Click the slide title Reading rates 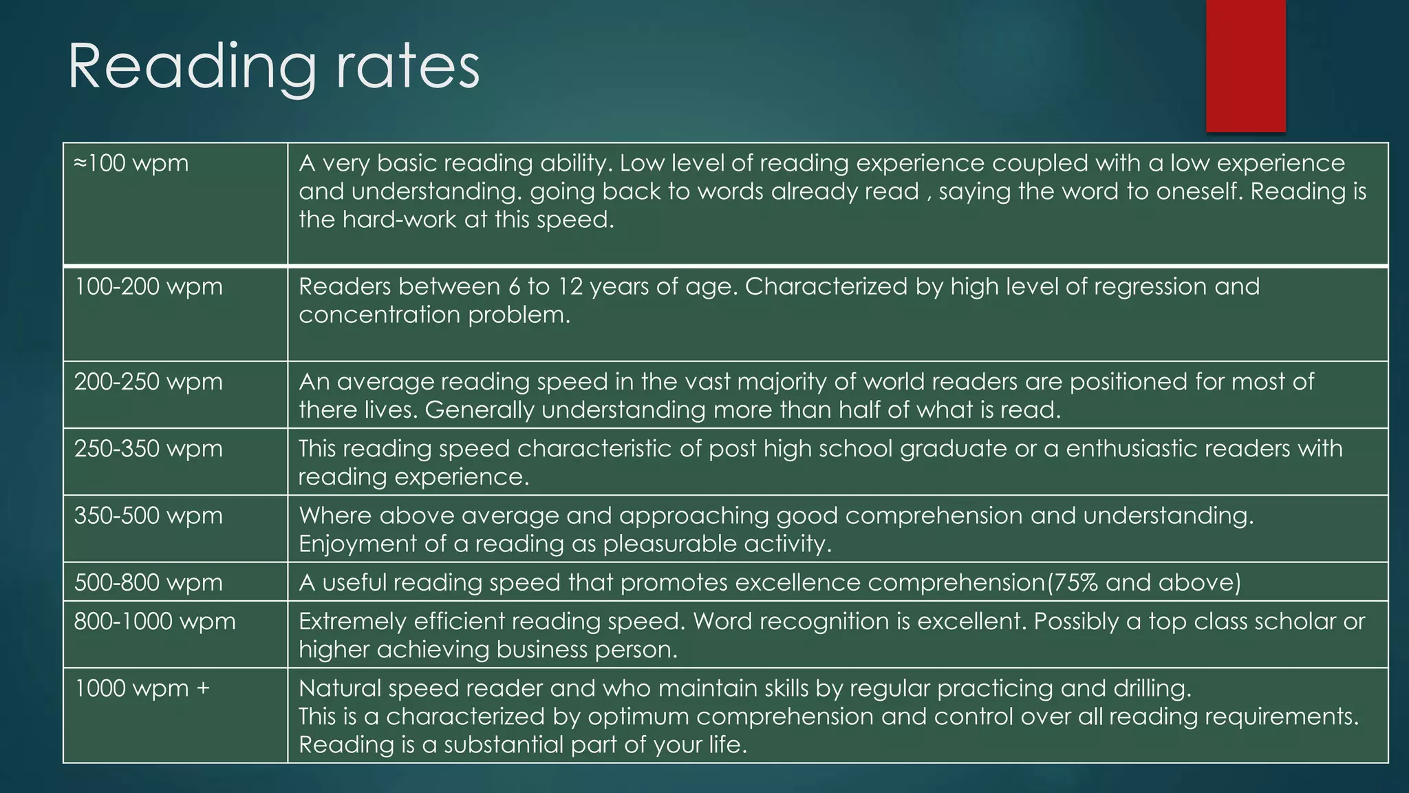tap(273, 67)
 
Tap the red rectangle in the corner tap(1245, 65)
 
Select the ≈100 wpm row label tap(131, 164)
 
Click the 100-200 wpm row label tap(148, 286)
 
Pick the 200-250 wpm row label tap(148, 381)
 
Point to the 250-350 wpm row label tap(148, 449)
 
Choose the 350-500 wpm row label tap(148, 516)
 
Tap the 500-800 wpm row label tap(148, 582)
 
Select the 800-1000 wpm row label tap(154, 622)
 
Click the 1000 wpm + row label tap(142, 688)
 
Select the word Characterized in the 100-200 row tap(826, 286)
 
